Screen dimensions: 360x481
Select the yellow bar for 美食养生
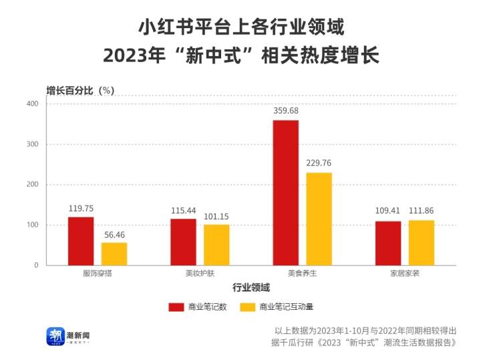point(319,218)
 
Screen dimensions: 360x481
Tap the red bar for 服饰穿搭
point(81,241)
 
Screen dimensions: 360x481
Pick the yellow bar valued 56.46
point(114,254)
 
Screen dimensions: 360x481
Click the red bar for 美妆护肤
point(183,242)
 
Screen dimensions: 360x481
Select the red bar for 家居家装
point(387,243)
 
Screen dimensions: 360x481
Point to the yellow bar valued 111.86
point(422,242)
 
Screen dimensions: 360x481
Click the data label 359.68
point(286,111)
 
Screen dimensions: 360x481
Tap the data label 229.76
point(319,163)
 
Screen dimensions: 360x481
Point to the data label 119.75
point(81,208)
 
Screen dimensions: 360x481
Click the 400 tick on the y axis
point(32,104)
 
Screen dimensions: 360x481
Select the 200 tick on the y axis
point(32,185)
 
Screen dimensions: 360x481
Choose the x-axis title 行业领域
point(251,288)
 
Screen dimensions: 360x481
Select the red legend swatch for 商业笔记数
point(176,307)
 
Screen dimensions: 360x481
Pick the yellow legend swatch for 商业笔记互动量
point(248,307)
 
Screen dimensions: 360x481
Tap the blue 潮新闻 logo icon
point(55,336)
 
